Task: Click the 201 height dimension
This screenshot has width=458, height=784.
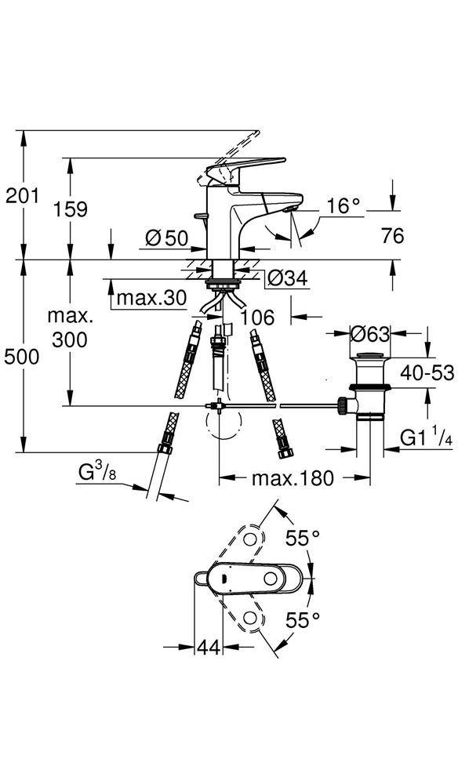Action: (22, 196)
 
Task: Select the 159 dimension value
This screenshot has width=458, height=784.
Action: (71, 209)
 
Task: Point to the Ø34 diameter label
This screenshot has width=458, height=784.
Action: (286, 278)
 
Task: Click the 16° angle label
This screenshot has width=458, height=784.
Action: (343, 206)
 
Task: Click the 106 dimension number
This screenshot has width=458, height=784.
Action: (257, 318)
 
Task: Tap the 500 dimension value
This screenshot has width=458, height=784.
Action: (22, 357)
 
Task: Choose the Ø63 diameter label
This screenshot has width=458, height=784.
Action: (370, 333)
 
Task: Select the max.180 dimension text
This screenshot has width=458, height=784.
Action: (293, 477)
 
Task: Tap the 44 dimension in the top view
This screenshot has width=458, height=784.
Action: (208, 647)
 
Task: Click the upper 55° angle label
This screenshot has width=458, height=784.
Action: (303, 538)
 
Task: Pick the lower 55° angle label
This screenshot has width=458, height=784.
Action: (303, 620)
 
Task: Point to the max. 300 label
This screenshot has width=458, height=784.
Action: (71, 328)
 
